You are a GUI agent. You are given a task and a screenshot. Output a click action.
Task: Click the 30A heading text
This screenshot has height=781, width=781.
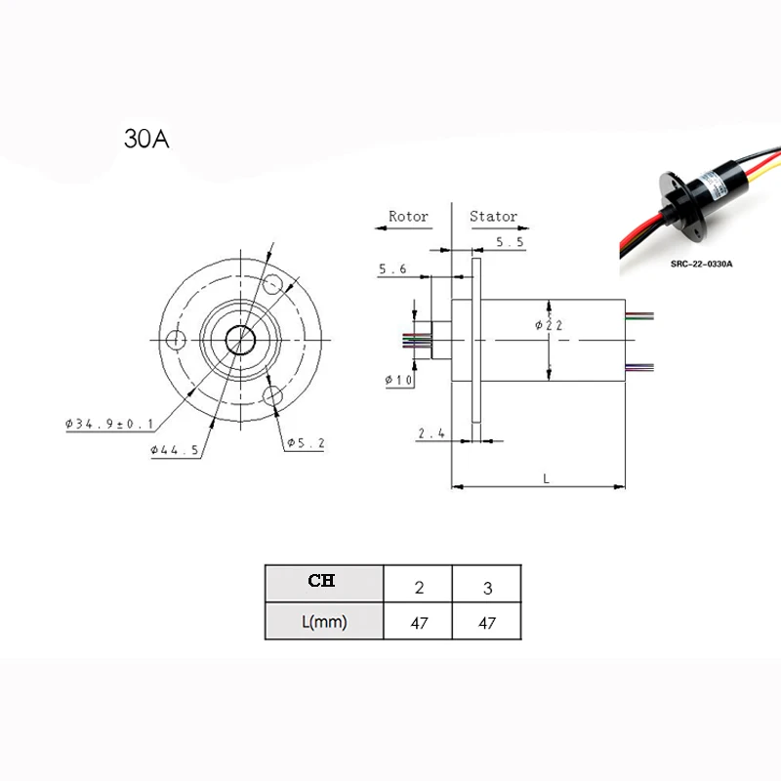click(x=146, y=139)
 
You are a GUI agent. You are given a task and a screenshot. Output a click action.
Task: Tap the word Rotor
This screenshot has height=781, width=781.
click(x=408, y=216)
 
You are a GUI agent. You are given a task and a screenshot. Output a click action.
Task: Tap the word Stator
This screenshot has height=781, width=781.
click(x=493, y=216)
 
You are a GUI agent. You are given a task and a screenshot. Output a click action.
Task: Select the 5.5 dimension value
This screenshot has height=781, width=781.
click(x=510, y=242)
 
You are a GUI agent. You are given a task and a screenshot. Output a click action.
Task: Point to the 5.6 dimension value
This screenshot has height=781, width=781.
click(x=392, y=269)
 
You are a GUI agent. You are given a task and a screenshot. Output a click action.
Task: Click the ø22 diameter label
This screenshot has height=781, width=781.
click(x=549, y=325)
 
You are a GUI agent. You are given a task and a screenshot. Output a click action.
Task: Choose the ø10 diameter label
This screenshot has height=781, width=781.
click(x=399, y=380)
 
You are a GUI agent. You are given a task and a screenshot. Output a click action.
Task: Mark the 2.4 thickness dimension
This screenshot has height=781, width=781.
click(x=432, y=433)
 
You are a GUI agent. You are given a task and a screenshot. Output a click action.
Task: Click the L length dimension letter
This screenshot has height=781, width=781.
click(x=547, y=478)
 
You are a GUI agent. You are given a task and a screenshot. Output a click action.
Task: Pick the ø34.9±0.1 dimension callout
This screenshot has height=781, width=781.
click(x=109, y=424)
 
